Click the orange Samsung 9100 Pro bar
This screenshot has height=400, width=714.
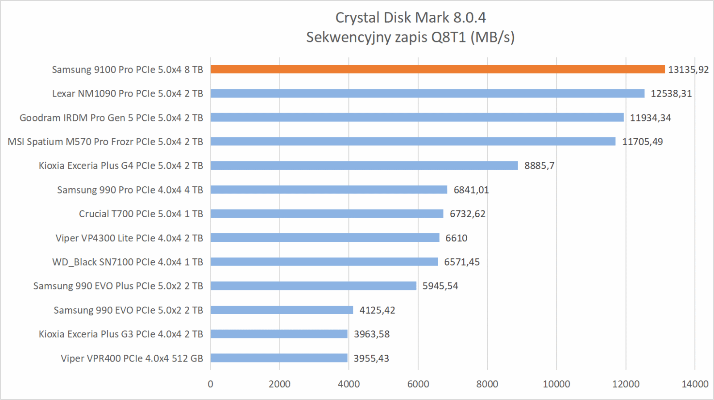(437, 69)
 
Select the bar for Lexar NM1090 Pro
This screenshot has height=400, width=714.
(428, 93)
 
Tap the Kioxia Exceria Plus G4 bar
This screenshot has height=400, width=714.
(364, 165)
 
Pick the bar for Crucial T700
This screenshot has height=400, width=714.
(327, 214)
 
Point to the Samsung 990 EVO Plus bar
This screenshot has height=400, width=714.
(313, 286)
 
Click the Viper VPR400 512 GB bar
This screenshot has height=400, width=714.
(279, 358)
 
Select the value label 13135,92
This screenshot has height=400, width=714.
(688, 70)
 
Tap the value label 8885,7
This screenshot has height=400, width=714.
(539, 166)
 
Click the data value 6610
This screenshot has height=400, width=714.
(456, 238)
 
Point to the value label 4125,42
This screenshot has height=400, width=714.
(377, 310)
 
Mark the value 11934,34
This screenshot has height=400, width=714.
(650, 118)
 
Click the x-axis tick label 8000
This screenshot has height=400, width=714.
(487, 384)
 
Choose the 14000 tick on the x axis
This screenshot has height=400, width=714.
(695, 384)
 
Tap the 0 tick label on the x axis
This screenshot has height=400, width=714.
(211, 384)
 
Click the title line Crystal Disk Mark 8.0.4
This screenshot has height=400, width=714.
(410, 18)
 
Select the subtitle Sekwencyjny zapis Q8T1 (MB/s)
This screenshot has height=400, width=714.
(410, 37)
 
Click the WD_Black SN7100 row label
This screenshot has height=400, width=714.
(128, 262)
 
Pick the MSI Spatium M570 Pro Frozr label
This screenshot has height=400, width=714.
(105, 142)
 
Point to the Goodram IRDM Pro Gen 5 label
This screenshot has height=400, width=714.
(111, 118)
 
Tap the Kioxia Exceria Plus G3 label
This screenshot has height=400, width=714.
(121, 334)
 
